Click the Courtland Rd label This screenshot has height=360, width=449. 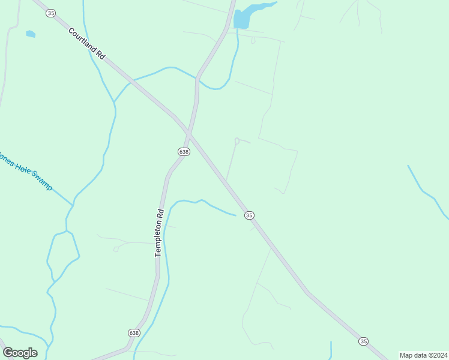87,43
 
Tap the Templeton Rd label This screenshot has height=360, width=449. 159,233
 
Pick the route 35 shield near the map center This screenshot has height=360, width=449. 249,215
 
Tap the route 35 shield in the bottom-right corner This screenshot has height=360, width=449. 363,341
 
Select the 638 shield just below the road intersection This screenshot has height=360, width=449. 184,152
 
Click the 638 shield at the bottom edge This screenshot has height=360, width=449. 134,332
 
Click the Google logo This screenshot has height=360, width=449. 20,352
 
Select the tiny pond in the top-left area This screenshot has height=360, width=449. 31,34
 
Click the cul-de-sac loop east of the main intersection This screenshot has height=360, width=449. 237,141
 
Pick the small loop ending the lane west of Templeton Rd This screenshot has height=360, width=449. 116,249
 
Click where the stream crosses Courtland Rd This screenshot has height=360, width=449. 128,81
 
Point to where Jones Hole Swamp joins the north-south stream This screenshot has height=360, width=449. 72,206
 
